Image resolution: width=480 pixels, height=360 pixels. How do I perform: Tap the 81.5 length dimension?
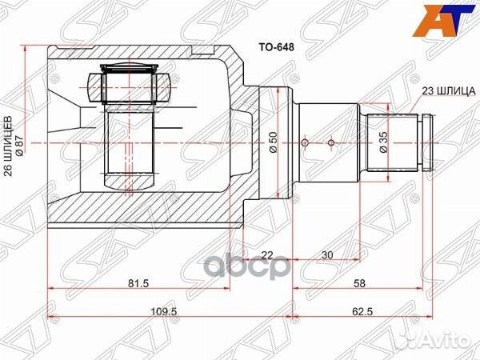coord(139,283)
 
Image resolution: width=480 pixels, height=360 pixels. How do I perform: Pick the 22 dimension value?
coord(268,256)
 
